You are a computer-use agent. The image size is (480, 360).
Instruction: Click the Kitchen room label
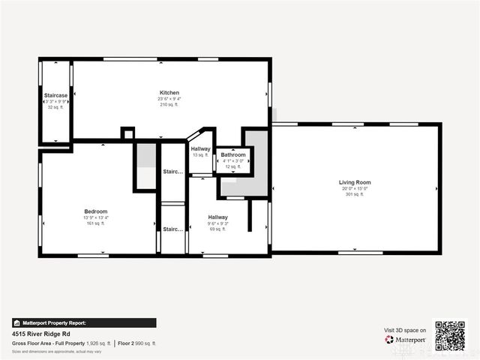click(x=169, y=93)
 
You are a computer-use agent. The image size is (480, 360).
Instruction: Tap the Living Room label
click(x=355, y=182)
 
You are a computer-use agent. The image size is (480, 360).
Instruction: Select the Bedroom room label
click(x=95, y=211)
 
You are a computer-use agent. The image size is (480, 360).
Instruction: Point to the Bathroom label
click(x=232, y=154)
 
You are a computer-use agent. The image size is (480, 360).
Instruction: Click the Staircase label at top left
click(x=55, y=95)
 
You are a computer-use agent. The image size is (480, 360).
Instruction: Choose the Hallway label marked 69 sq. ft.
click(x=217, y=217)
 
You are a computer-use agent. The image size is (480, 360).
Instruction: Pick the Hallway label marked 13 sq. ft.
click(x=200, y=148)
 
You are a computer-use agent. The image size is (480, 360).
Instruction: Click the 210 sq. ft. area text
click(x=169, y=105)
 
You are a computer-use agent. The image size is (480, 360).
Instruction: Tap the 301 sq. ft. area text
click(x=355, y=194)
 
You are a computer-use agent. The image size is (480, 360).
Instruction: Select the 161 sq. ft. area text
click(x=95, y=223)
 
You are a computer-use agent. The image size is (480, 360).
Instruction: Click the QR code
click(x=450, y=336)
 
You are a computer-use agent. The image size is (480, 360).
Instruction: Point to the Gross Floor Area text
click(x=60, y=343)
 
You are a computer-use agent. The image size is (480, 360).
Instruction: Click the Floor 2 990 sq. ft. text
click(x=137, y=343)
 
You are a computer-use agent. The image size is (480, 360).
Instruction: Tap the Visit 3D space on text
click(x=405, y=330)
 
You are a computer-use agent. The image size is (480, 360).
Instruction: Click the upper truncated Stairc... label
click(x=172, y=172)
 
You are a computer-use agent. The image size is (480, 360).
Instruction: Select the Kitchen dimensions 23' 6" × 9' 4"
click(x=169, y=99)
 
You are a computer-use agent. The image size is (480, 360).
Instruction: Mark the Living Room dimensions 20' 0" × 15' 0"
click(x=355, y=188)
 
